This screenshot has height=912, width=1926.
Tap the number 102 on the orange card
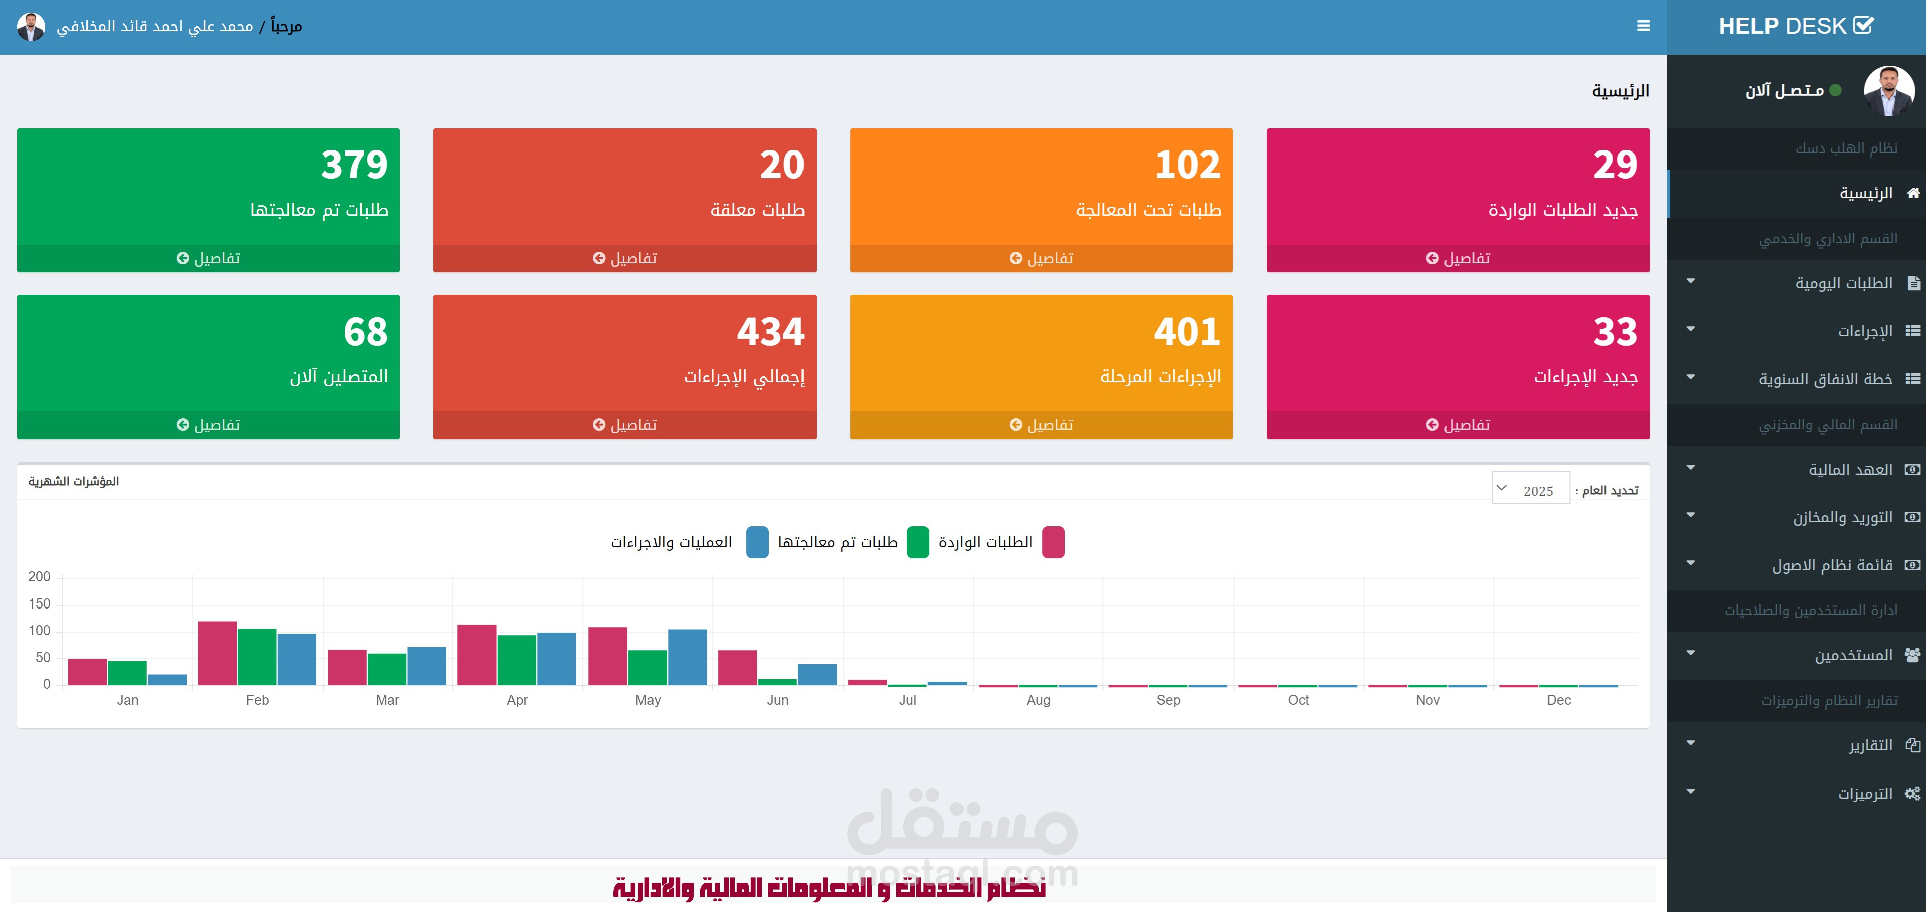pyautogui.click(x=1187, y=165)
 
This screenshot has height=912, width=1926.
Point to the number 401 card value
pyautogui.click(x=1187, y=331)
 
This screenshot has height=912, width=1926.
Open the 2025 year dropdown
pyautogui.click(x=1530, y=490)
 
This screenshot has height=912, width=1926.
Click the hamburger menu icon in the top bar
pyautogui.click(x=1643, y=26)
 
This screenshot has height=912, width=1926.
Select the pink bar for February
pyautogui.click(x=217, y=653)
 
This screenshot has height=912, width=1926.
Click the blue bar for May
pyautogui.click(x=687, y=657)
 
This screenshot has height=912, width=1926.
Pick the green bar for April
pyautogui.click(x=517, y=660)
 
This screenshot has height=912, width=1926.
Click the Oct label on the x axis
pyautogui.click(x=1298, y=700)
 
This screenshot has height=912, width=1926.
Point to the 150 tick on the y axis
pyautogui.click(x=39, y=604)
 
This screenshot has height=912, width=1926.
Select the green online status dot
pyautogui.click(x=1835, y=90)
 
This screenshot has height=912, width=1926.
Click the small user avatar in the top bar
pyautogui.click(x=31, y=26)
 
